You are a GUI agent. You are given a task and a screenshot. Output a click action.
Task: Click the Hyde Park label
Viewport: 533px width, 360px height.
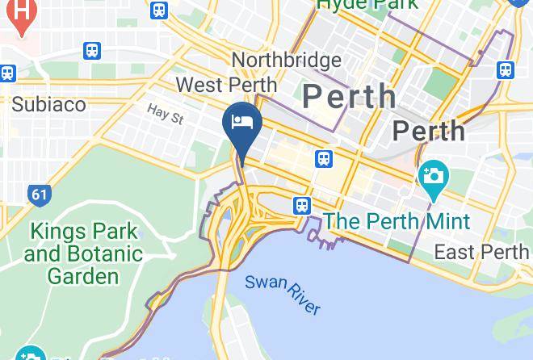tap(367, 5)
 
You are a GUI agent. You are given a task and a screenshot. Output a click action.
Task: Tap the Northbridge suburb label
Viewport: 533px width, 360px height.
tap(285, 61)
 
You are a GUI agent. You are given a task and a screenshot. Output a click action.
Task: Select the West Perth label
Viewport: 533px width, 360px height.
tap(226, 85)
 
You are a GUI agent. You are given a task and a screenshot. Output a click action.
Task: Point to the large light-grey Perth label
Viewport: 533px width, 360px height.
tap(350, 97)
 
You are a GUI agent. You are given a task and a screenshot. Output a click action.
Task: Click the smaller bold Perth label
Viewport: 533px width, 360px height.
tap(428, 131)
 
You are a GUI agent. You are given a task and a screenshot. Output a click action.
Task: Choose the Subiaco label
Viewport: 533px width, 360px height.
tap(48, 104)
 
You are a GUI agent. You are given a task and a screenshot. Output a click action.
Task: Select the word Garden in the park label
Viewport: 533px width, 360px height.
tap(83, 275)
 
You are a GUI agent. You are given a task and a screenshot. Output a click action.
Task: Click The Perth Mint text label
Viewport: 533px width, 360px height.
tap(397, 221)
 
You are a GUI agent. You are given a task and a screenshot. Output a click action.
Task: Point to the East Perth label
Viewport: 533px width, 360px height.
tap(481, 252)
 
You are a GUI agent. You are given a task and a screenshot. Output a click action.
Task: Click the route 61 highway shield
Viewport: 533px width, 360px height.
tap(38, 195)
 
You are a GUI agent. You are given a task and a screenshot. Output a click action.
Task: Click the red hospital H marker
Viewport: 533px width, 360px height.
tap(23, 14)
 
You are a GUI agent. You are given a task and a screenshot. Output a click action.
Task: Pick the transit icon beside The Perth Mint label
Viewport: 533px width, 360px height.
tap(302, 206)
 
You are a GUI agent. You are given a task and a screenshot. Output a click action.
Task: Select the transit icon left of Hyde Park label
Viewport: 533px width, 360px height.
tap(160, 10)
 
